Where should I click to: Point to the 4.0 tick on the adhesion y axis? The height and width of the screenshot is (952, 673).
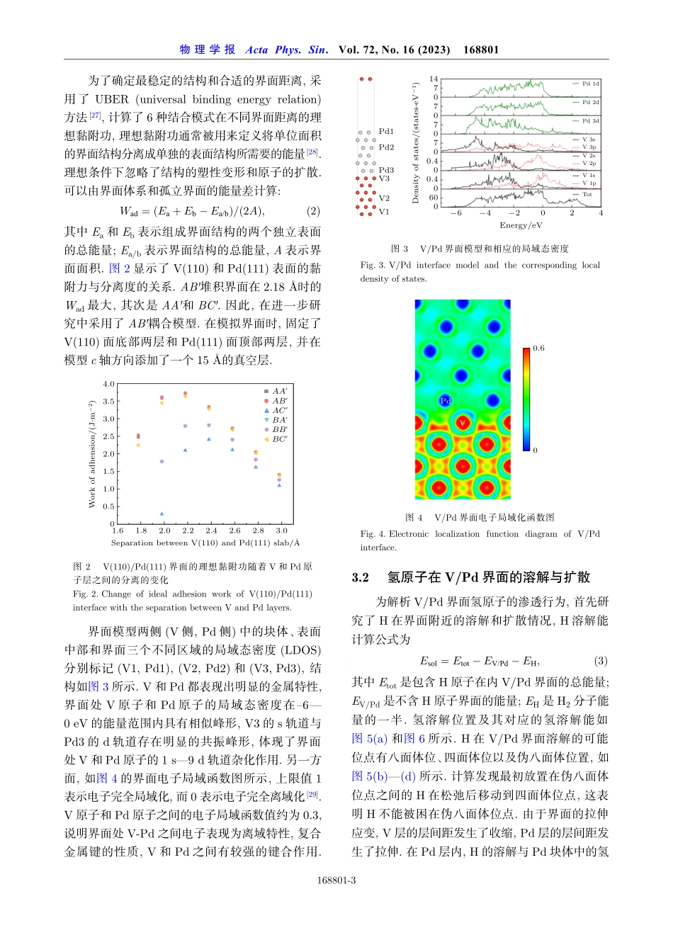pos(108,384)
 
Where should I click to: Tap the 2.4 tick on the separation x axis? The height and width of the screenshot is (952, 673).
pos(211,531)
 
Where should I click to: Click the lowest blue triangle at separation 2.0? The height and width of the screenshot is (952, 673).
pos(162,514)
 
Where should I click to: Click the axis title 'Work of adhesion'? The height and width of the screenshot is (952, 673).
pos(91,454)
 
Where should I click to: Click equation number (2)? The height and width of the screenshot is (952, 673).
pos(313,211)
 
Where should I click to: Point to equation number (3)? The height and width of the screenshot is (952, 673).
pos(601,661)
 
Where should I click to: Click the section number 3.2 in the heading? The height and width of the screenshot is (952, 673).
pos(361,577)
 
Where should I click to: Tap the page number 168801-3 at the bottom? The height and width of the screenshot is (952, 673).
pos(336,880)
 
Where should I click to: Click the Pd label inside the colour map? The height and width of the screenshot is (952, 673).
pos(446,401)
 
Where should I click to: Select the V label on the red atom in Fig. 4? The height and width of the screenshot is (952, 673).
pos(462,423)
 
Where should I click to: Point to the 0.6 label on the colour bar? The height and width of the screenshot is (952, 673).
pos(539,348)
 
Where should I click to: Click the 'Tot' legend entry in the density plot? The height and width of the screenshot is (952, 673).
pos(587,194)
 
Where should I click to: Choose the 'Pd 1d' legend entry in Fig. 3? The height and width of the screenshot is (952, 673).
pos(590,84)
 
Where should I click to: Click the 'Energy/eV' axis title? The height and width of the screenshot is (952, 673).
pos(521,225)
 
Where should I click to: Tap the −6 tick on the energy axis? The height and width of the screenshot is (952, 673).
pos(456,212)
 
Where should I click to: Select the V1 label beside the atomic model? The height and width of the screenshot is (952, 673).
pos(384,212)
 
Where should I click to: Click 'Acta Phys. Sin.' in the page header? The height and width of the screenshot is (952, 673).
pos(286,50)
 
